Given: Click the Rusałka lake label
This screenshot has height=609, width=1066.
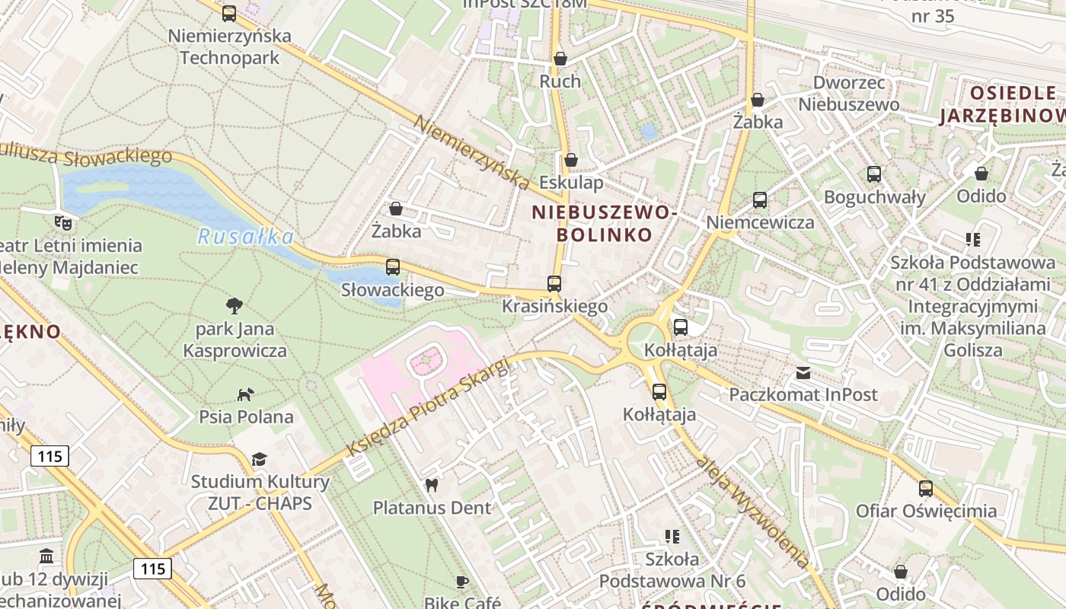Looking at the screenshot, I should [x=245, y=237].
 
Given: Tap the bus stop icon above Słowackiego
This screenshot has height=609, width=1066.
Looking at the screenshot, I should [x=393, y=267].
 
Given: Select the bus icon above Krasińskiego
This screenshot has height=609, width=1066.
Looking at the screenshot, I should [x=554, y=284].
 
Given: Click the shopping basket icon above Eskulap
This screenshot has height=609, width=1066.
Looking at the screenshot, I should [x=570, y=160].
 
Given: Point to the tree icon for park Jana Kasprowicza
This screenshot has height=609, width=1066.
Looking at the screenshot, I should [x=235, y=306].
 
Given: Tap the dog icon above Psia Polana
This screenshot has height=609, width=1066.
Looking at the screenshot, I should [x=245, y=394].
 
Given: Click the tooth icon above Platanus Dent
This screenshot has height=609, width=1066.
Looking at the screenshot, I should [x=432, y=485].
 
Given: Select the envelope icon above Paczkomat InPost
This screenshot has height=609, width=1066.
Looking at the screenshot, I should [x=803, y=372].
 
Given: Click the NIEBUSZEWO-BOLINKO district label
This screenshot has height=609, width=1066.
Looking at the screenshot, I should [x=604, y=223].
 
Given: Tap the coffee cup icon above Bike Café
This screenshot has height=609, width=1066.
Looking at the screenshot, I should [x=462, y=582].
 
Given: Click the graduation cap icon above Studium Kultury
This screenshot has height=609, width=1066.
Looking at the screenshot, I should [x=260, y=459].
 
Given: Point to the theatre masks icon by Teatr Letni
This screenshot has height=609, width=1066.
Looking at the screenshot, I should [x=62, y=223].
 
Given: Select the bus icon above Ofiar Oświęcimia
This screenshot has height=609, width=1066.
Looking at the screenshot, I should [x=926, y=488].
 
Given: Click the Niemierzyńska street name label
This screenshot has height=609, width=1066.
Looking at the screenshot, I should [x=472, y=152].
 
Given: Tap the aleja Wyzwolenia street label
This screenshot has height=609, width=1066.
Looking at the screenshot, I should [x=752, y=512].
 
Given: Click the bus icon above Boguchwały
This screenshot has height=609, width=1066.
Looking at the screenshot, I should [x=874, y=174].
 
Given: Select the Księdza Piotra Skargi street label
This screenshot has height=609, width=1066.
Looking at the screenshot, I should [x=427, y=407].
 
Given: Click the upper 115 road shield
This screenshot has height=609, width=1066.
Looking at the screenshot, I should [x=50, y=456].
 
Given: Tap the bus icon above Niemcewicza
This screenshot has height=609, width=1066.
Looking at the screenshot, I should [x=760, y=200].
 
